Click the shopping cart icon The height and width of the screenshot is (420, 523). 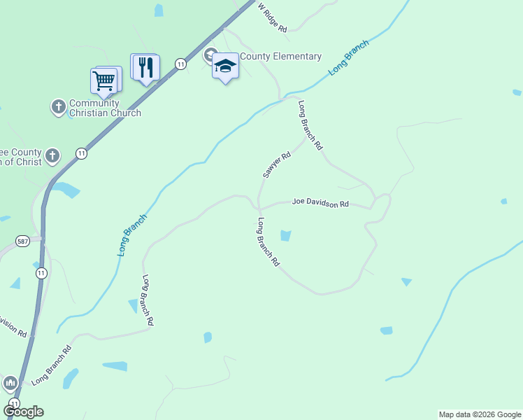tap(104, 80)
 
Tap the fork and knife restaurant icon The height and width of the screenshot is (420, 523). tap(145, 68)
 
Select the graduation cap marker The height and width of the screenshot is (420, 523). tap(225, 66)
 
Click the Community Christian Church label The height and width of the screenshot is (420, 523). tap(105, 108)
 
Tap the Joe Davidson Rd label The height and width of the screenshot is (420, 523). tap(320, 203)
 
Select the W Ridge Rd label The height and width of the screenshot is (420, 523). tap(273, 16)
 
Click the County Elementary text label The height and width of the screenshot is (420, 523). tap(280, 57)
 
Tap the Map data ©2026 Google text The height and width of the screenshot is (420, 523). tap(480, 414)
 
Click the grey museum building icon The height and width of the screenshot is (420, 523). tap(10, 383)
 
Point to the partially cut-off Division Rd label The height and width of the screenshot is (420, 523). tap(13, 326)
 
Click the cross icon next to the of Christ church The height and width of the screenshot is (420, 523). tap(53, 155)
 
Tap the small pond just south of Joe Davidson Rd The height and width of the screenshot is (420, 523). tap(285, 236)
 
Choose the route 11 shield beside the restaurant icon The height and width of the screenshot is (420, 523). tap(181, 64)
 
